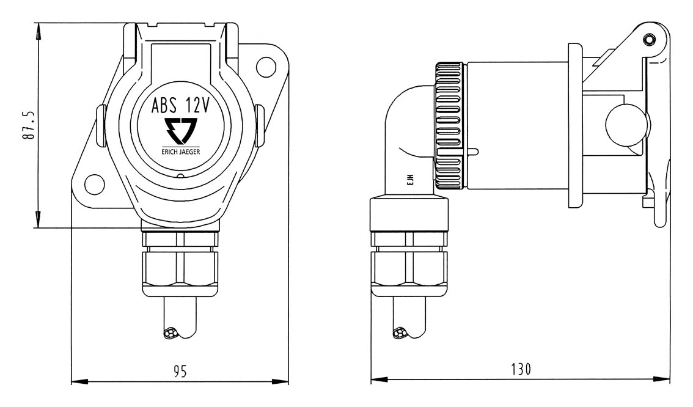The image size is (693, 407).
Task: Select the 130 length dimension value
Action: coord(521,370)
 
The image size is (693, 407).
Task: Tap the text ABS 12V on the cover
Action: coord(181,106)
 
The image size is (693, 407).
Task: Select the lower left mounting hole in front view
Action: coord(93,182)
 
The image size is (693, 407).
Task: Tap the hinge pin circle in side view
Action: coord(648,40)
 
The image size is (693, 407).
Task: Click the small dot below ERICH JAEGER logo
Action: coord(180,177)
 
